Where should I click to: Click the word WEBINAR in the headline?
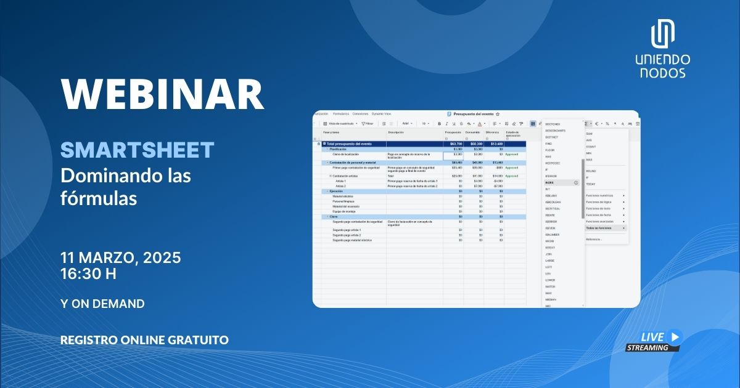click(162, 94)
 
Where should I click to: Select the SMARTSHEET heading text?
click(137, 150)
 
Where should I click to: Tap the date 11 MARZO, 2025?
click(120, 258)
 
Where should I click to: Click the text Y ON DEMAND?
click(102, 304)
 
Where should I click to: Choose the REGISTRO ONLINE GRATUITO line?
click(144, 340)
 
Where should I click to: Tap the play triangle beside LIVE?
click(675, 336)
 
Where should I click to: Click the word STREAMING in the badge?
click(647, 347)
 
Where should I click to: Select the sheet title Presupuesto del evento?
click(473, 114)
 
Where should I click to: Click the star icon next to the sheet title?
click(498, 114)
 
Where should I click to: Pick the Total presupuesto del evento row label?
click(348, 143)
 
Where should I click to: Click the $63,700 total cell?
click(456, 143)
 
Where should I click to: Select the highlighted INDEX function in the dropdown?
click(550, 183)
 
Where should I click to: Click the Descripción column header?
click(396, 132)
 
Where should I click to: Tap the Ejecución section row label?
click(337, 191)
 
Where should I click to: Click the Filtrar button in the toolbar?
click(368, 123)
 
